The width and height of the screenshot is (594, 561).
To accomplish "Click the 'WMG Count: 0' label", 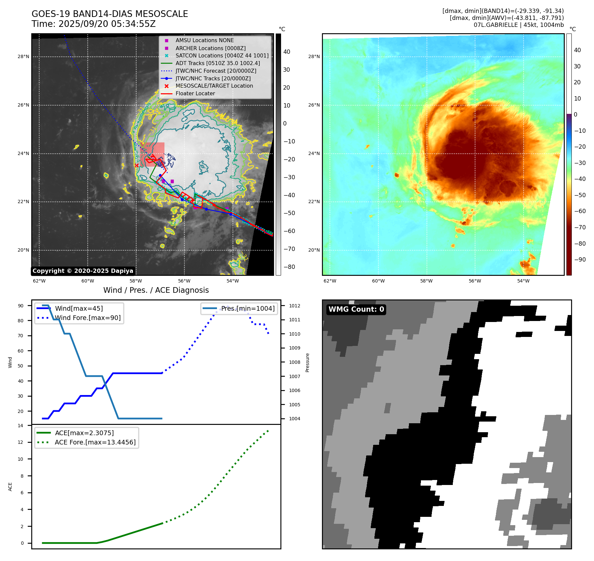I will click(356, 309).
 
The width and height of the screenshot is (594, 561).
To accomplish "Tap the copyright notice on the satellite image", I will click(83, 271).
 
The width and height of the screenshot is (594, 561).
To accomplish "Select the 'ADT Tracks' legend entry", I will click(218, 63).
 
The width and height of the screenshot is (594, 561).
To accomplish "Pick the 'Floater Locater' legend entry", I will click(195, 93).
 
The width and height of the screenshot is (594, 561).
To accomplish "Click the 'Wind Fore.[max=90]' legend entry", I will click(88, 318).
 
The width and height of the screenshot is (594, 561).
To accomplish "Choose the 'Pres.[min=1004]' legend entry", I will click(248, 308).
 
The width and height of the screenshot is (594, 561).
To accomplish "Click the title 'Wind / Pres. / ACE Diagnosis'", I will click(156, 290).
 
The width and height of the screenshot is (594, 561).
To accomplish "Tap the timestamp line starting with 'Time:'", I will click(94, 24).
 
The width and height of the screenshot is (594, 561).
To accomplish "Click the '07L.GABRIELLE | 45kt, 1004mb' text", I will click(519, 25).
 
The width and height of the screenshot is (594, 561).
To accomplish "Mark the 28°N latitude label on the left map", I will click(24, 57).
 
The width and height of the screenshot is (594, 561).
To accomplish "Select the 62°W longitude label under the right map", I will click(330, 281).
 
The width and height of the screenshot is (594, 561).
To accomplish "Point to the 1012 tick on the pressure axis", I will click(295, 306).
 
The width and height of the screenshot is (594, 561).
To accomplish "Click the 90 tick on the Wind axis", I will click(21, 306).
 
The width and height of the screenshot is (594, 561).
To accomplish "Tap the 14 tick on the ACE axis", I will click(21, 426).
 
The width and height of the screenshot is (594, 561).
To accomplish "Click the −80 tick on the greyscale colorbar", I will click(289, 267).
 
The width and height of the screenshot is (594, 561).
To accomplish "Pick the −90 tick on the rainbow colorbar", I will click(580, 260).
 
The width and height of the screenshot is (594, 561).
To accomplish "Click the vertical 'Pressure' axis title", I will click(308, 362).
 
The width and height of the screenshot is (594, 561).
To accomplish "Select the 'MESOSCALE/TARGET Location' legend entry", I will click(214, 86).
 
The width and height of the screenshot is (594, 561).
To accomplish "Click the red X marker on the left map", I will click(137, 165).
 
